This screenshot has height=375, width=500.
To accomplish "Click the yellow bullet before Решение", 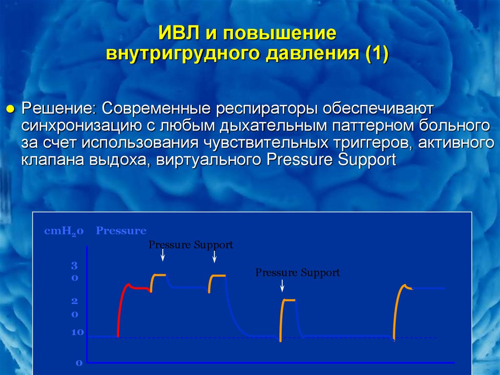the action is coord(11,110).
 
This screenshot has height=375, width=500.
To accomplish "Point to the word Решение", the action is coord(59,109).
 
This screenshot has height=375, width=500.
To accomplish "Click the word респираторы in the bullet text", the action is coord(267,109).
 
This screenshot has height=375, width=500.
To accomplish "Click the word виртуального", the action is coord(208,160).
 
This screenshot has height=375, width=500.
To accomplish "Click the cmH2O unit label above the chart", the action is coord(64,231).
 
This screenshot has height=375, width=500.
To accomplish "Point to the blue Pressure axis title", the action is coord(121,231).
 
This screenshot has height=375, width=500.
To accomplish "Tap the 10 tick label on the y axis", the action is coord(78,332).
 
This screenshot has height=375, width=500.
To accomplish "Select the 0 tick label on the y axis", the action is coord(79,363).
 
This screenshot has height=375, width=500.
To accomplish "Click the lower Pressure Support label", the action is coord(297,273).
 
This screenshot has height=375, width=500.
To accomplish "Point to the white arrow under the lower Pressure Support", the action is coord(282,286).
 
